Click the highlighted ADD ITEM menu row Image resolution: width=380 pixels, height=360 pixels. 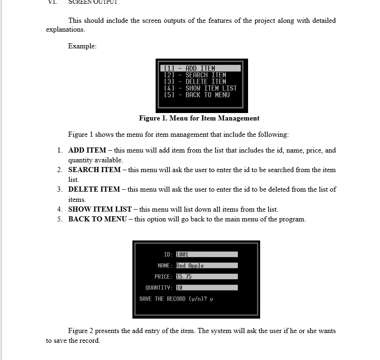click(x=201, y=68)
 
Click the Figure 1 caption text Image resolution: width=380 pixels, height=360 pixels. click(x=199, y=118)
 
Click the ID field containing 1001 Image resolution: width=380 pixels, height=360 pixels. click(x=206, y=254)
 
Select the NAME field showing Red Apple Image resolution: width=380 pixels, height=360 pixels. click(x=206, y=266)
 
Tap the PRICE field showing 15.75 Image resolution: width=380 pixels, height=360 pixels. click(x=206, y=277)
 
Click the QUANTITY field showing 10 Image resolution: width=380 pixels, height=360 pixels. click(x=206, y=288)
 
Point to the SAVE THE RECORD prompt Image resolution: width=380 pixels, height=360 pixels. click(x=176, y=299)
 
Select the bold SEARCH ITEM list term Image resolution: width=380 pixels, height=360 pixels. click(x=94, y=170)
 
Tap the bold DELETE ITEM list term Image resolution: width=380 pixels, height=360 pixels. click(x=94, y=189)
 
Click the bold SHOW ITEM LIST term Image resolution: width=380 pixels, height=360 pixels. click(x=100, y=209)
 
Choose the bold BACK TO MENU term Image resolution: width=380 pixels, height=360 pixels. click(x=97, y=219)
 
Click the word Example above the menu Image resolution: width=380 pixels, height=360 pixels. click(x=82, y=46)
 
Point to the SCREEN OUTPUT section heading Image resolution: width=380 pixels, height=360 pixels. click(x=93, y=2)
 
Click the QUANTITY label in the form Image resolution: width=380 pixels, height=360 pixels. click(x=159, y=288)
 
